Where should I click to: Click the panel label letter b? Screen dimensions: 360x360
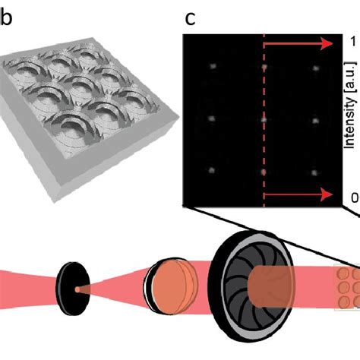[x=5, y=17]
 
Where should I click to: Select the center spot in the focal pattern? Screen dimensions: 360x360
[x=264, y=119]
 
